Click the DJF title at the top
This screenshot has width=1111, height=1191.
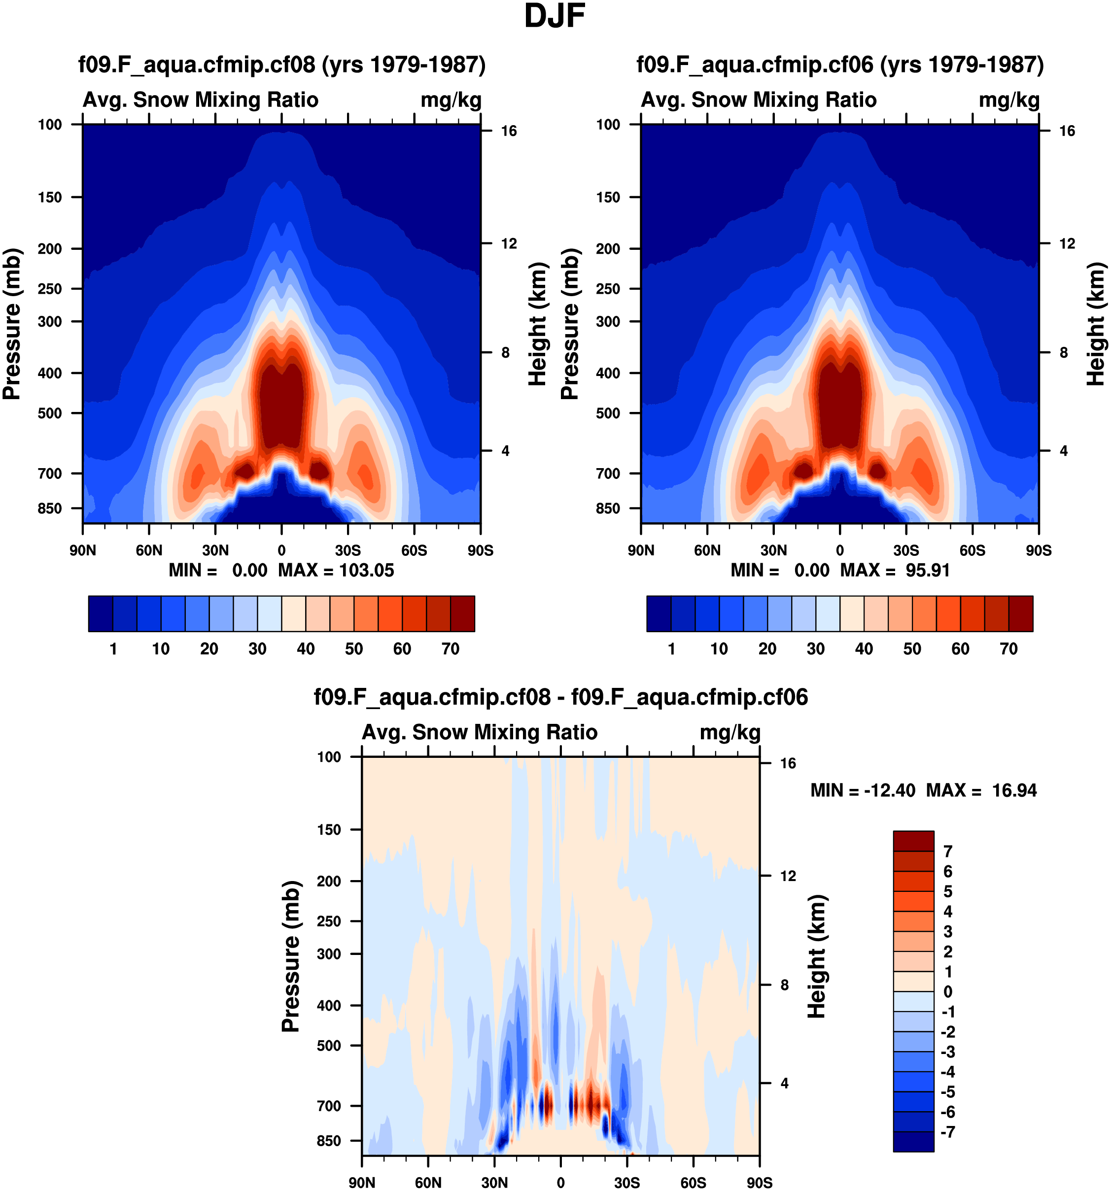555,17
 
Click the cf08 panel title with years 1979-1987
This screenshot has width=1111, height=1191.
281,65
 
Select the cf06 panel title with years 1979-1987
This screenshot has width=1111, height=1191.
839,65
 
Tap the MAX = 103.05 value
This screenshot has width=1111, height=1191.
336,570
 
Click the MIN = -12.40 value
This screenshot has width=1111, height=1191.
863,791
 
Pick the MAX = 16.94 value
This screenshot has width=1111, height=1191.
981,791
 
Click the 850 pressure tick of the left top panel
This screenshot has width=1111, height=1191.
50,509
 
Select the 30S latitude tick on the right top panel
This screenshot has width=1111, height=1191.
905,550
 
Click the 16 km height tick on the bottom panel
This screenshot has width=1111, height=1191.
787,763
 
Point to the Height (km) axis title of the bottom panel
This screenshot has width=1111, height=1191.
817,957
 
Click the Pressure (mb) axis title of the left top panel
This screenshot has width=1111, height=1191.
12,324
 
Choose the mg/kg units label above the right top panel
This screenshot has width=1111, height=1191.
1008,100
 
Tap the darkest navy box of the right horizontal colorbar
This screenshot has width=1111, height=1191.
659,613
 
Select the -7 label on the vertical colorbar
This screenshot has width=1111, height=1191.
947,1132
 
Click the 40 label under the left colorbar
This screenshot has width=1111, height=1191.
306,649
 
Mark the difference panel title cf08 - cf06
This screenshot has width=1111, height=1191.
560,697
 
